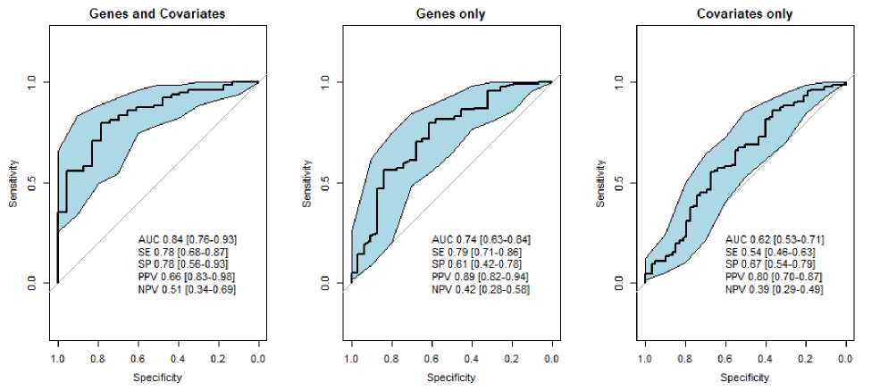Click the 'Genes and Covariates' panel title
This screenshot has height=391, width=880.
(x=157, y=14)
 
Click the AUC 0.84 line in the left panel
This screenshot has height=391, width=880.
(x=187, y=239)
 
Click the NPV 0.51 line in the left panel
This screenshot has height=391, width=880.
(x=187, y=290)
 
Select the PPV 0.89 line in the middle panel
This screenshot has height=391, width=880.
(x=481, y=278)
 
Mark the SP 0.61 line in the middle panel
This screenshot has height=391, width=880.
(x=479, y=265)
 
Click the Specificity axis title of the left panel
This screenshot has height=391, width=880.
(x=157, y=378)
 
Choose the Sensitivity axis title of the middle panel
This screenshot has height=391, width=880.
(x=307, y=184)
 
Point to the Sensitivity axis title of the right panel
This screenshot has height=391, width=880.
(x=600, y=184)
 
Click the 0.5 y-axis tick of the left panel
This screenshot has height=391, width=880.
(x=34, y=183)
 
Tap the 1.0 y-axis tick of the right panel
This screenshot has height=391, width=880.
(x=620, y=82)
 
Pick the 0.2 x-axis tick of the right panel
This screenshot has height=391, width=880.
(x=805, y=358)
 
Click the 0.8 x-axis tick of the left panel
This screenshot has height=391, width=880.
(x=98, y=358)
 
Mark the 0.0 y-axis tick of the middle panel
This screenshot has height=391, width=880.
(x=327, y=283)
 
